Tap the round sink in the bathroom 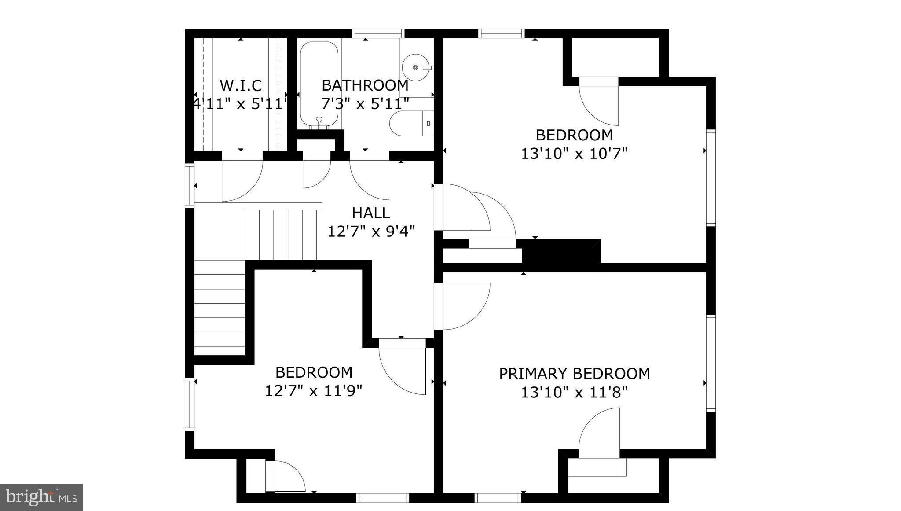(415, 67)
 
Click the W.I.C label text (241, 85)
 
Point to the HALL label (371, 213)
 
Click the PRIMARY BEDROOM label (574, 374)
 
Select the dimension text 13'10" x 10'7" (574, 154)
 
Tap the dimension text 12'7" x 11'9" (313, 391)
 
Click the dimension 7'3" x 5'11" (365, 104)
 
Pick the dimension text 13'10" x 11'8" (574, 392)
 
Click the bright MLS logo (41, 497)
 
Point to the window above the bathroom (378, 33)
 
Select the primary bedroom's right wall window (711, 363)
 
